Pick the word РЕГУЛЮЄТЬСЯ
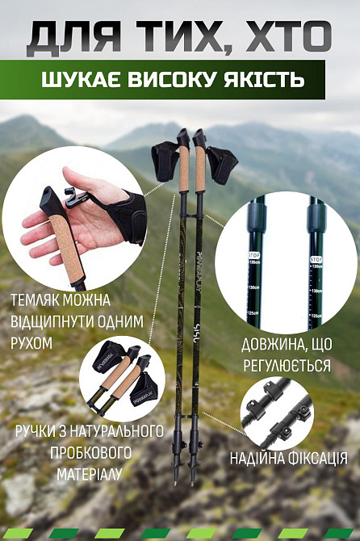(x=286, y=366)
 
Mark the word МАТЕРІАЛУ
(x=89, y=474)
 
